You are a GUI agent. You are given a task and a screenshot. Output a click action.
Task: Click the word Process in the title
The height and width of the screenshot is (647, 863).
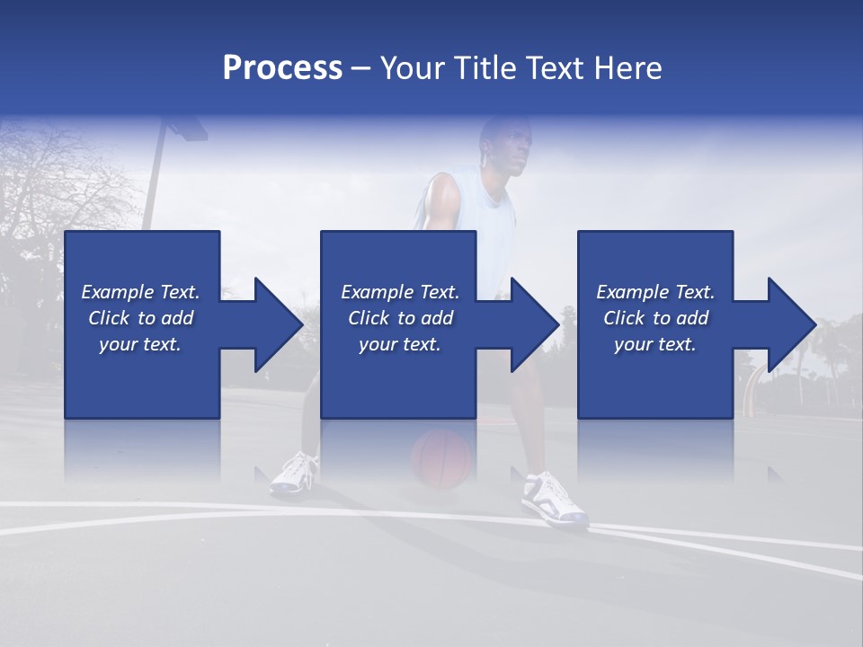coord(282,68)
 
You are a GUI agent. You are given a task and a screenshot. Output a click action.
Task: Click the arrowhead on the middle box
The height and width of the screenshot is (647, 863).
coord(533,324)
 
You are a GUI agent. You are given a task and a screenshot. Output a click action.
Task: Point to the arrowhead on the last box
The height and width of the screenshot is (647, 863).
coord(790,324)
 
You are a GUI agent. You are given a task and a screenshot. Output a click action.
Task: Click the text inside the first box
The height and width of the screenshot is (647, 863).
coord(141,318)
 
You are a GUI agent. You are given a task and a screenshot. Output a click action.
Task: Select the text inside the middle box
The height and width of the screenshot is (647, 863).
coord(400,318)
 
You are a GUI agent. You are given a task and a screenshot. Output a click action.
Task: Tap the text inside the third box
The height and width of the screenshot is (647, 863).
coord(655,318)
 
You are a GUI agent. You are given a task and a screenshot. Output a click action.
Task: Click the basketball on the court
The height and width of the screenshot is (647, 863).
coord(441,458)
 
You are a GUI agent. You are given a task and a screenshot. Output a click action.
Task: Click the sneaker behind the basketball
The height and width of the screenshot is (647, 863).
coord(294,474)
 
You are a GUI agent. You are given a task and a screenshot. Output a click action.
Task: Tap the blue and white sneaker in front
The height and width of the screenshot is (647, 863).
coord(552,500)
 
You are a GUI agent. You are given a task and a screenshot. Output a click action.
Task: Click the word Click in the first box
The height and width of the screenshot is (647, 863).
coord(110,318)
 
